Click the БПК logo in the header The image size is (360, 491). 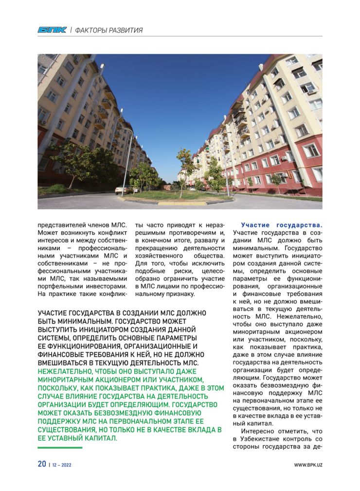coord(52,30)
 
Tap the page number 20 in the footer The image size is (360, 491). coord(42,464)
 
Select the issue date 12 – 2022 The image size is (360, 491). coord(62,465)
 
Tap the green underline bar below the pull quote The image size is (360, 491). coord(60,448)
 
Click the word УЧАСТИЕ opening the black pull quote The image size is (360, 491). coord(53,312)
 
